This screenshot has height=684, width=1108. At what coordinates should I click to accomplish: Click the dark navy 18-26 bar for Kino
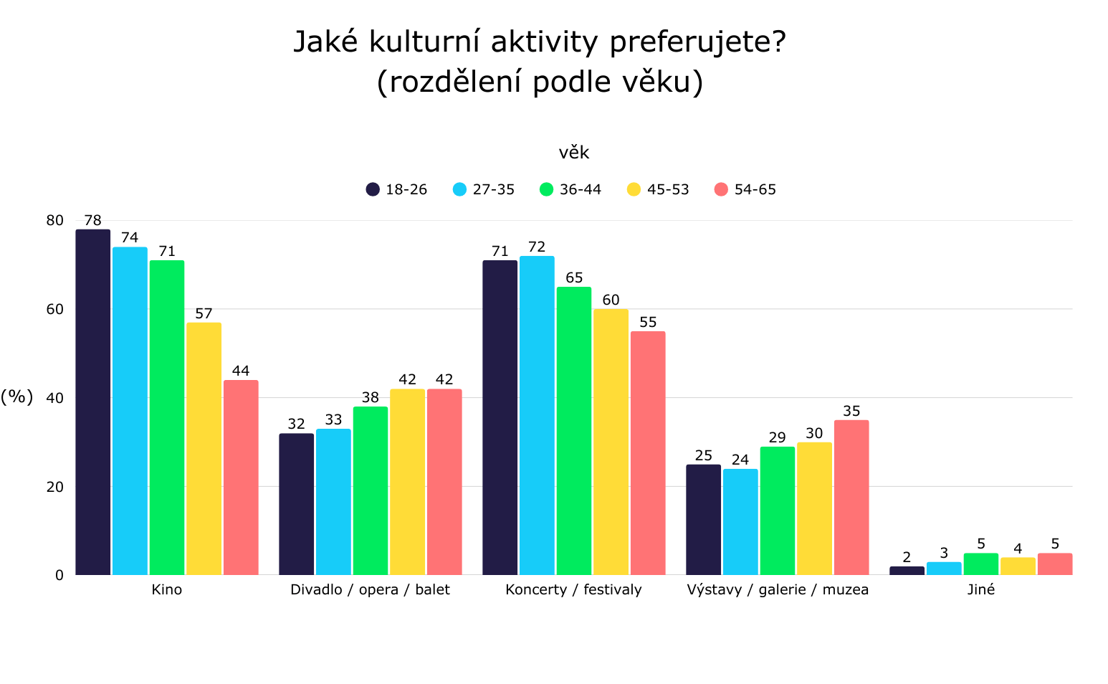coord(93,402)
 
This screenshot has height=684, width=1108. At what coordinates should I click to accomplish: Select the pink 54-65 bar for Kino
coord(241,478)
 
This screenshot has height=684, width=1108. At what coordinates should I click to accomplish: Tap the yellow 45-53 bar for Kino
coord(204,449)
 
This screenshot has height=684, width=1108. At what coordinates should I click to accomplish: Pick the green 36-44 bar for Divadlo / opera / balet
coord(371,490)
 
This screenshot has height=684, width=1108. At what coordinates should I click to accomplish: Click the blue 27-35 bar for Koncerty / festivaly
coord(537,415)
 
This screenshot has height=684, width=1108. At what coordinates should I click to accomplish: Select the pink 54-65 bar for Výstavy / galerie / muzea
coord(851,498)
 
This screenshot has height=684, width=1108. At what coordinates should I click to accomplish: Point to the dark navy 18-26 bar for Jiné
coord(907,571)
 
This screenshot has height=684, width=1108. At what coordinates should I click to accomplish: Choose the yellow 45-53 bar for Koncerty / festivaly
coord(611,442)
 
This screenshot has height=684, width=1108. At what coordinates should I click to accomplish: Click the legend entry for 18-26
coord(396,189)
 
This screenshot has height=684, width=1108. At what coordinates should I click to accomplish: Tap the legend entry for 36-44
coord(570,189)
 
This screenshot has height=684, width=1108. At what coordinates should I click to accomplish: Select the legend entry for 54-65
coord(745,189)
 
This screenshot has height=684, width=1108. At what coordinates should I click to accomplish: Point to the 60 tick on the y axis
coord(55,309)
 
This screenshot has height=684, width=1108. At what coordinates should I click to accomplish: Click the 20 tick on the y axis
coord(55,487)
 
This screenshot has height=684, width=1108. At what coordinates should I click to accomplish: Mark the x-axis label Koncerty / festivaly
coord(573,590)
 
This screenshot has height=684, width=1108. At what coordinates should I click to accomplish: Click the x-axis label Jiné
coord(980,590)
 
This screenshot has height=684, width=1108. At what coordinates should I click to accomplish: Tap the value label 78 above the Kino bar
coord(92,221)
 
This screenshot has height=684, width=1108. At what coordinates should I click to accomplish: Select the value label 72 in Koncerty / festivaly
coord(537,247)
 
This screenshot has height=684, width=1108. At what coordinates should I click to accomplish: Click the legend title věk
coord(573,153)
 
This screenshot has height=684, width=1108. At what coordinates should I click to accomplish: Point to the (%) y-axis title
coord(16,397)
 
